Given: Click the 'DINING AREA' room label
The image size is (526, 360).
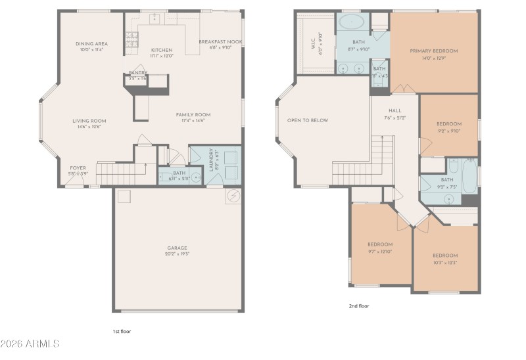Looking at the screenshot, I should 91,44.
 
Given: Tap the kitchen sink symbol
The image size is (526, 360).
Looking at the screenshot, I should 155,19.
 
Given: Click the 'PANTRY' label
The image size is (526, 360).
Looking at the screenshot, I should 137,72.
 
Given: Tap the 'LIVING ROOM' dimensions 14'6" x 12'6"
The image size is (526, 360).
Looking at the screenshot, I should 89,127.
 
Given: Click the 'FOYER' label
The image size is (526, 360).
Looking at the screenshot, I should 78,168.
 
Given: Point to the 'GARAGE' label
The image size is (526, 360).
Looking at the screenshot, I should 177,248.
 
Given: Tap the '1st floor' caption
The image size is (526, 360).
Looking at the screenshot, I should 122,332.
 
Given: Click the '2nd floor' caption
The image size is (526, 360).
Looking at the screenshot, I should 358,305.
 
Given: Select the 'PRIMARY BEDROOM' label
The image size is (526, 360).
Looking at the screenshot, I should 433,51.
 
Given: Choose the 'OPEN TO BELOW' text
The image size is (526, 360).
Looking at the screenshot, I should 307,120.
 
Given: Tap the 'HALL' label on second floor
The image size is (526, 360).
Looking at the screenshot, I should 394,110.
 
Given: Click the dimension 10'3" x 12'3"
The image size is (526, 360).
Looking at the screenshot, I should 444,263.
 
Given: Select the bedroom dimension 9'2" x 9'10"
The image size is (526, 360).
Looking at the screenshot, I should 449,131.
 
